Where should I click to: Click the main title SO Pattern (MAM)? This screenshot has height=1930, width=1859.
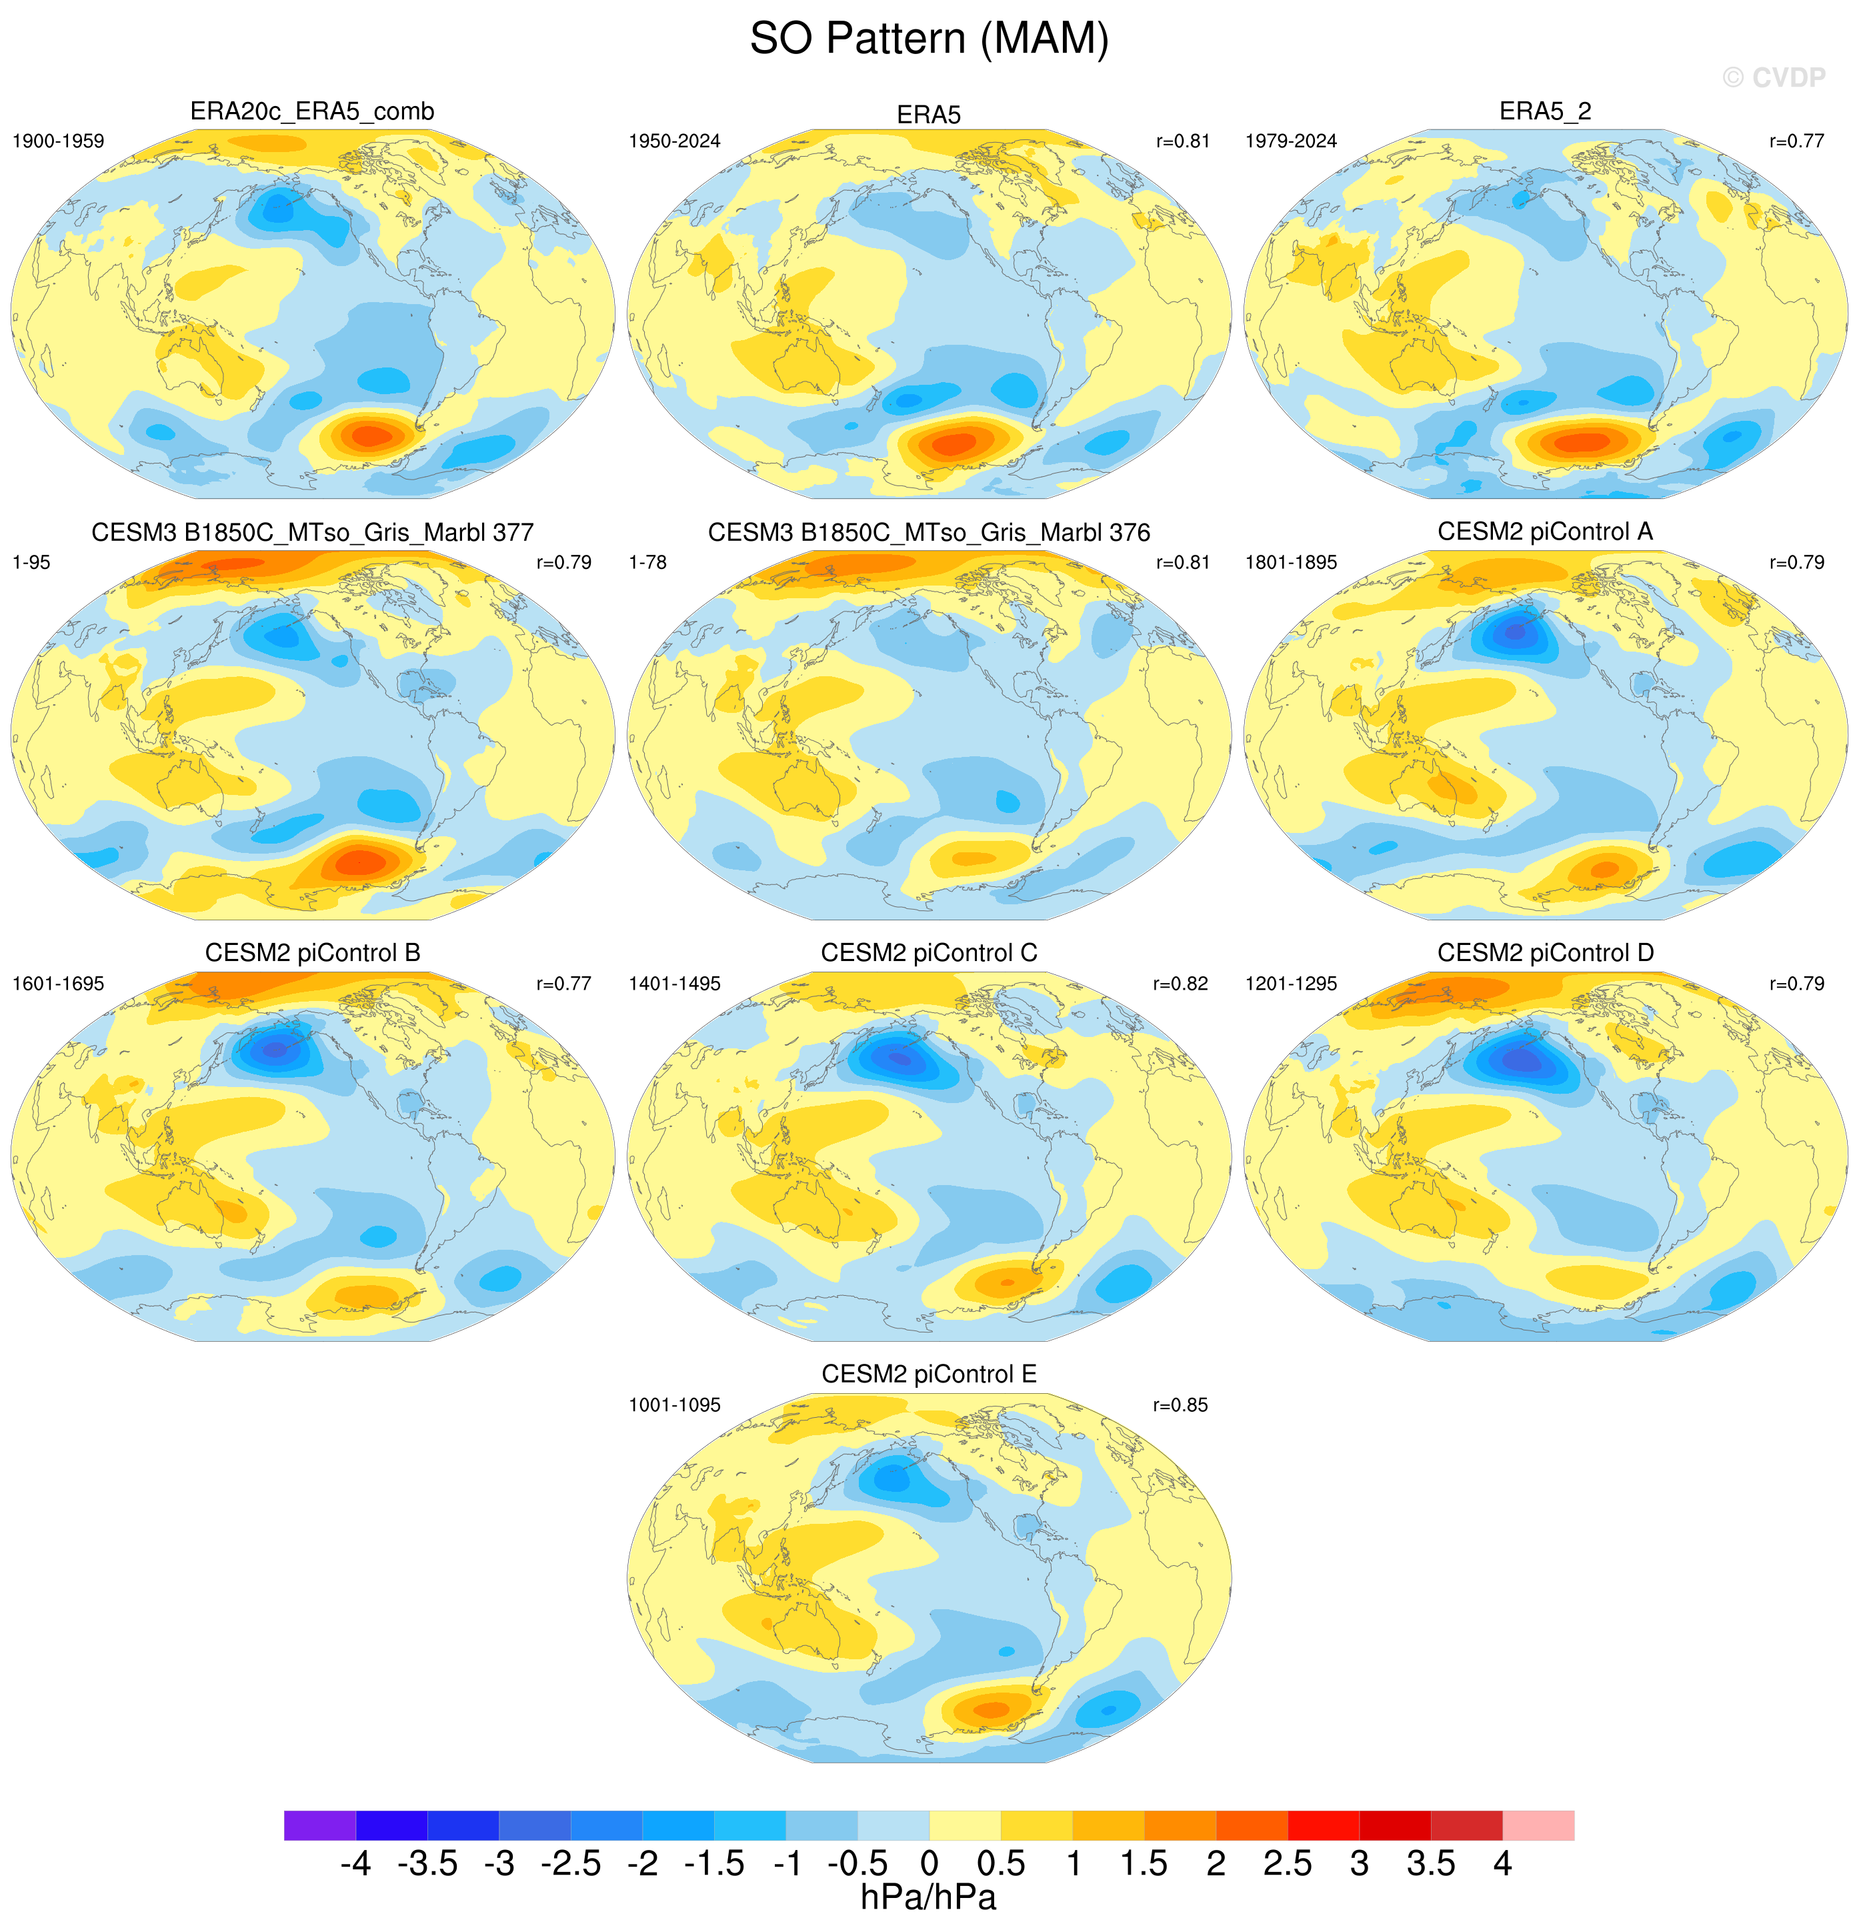coord(929,39)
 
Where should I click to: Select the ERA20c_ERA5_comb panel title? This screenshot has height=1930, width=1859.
coord(312,112)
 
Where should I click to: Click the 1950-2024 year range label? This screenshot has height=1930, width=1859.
coord(675,141)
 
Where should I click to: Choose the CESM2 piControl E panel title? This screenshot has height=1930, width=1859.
coord(929,1374)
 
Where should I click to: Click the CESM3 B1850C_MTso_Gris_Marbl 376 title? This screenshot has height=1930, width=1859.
coord(929,533)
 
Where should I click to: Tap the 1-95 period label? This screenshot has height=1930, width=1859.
coord(31,562)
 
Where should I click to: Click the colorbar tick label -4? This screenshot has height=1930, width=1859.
coord(355,1863)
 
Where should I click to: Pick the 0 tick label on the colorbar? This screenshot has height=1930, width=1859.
coord(929,1863)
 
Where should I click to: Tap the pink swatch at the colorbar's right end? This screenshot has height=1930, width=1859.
coord(1538,1825)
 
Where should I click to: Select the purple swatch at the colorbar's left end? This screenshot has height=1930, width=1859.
coord(320,1825)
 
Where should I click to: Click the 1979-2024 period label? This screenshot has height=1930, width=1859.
coord(1291,141)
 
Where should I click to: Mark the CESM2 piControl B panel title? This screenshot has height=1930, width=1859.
coord(312,953)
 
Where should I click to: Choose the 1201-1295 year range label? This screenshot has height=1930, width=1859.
coord(1291,984)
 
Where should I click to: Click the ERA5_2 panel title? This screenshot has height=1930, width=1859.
coord(1545,111)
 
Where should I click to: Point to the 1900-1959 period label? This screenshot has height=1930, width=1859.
coord(58,141)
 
